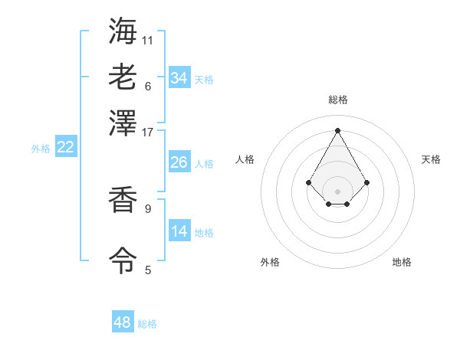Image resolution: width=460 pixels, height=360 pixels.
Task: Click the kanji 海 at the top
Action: pos(123,31)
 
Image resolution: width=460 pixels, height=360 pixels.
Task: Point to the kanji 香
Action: pos(123,201)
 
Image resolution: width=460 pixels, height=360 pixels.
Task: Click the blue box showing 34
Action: pos(179,77)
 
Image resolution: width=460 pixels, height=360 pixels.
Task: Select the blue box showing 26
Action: pos(179,162)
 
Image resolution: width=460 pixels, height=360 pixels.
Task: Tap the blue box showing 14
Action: pos(179,231)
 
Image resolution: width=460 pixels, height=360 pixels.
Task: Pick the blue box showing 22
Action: pos(65,147)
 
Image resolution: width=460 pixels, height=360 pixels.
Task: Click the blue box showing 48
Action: pos(123,322)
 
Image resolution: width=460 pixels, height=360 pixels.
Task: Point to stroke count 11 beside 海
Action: pos(147,39)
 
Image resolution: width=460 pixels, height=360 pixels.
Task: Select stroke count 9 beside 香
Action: pos(147,208)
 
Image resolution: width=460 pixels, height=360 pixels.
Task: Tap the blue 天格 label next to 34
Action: pos(203,79)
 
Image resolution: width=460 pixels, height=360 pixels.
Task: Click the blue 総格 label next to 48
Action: pos(147,324)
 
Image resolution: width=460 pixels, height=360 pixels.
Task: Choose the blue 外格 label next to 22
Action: pos(41,149)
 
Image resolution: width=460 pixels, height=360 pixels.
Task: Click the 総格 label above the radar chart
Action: pos(337,100)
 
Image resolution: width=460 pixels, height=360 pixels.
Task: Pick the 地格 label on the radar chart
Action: pos(402,262)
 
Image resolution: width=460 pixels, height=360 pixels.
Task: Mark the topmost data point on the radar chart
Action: pos(337,129)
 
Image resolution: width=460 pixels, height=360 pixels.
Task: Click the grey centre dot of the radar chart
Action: pos(337,191)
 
